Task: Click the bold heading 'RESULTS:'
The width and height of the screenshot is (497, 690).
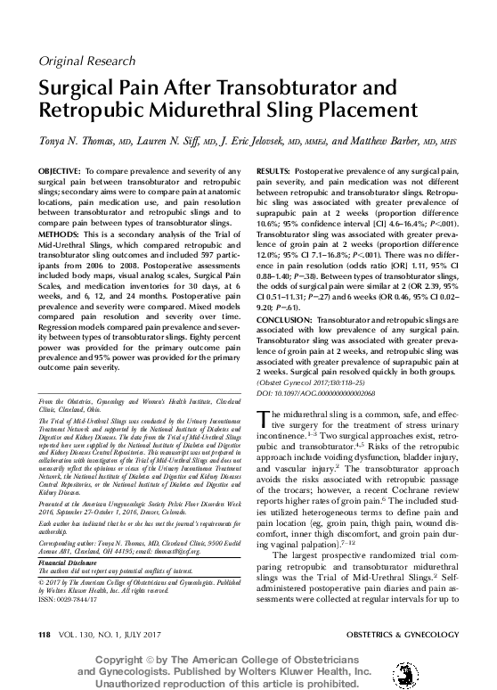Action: tap(276, 168)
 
